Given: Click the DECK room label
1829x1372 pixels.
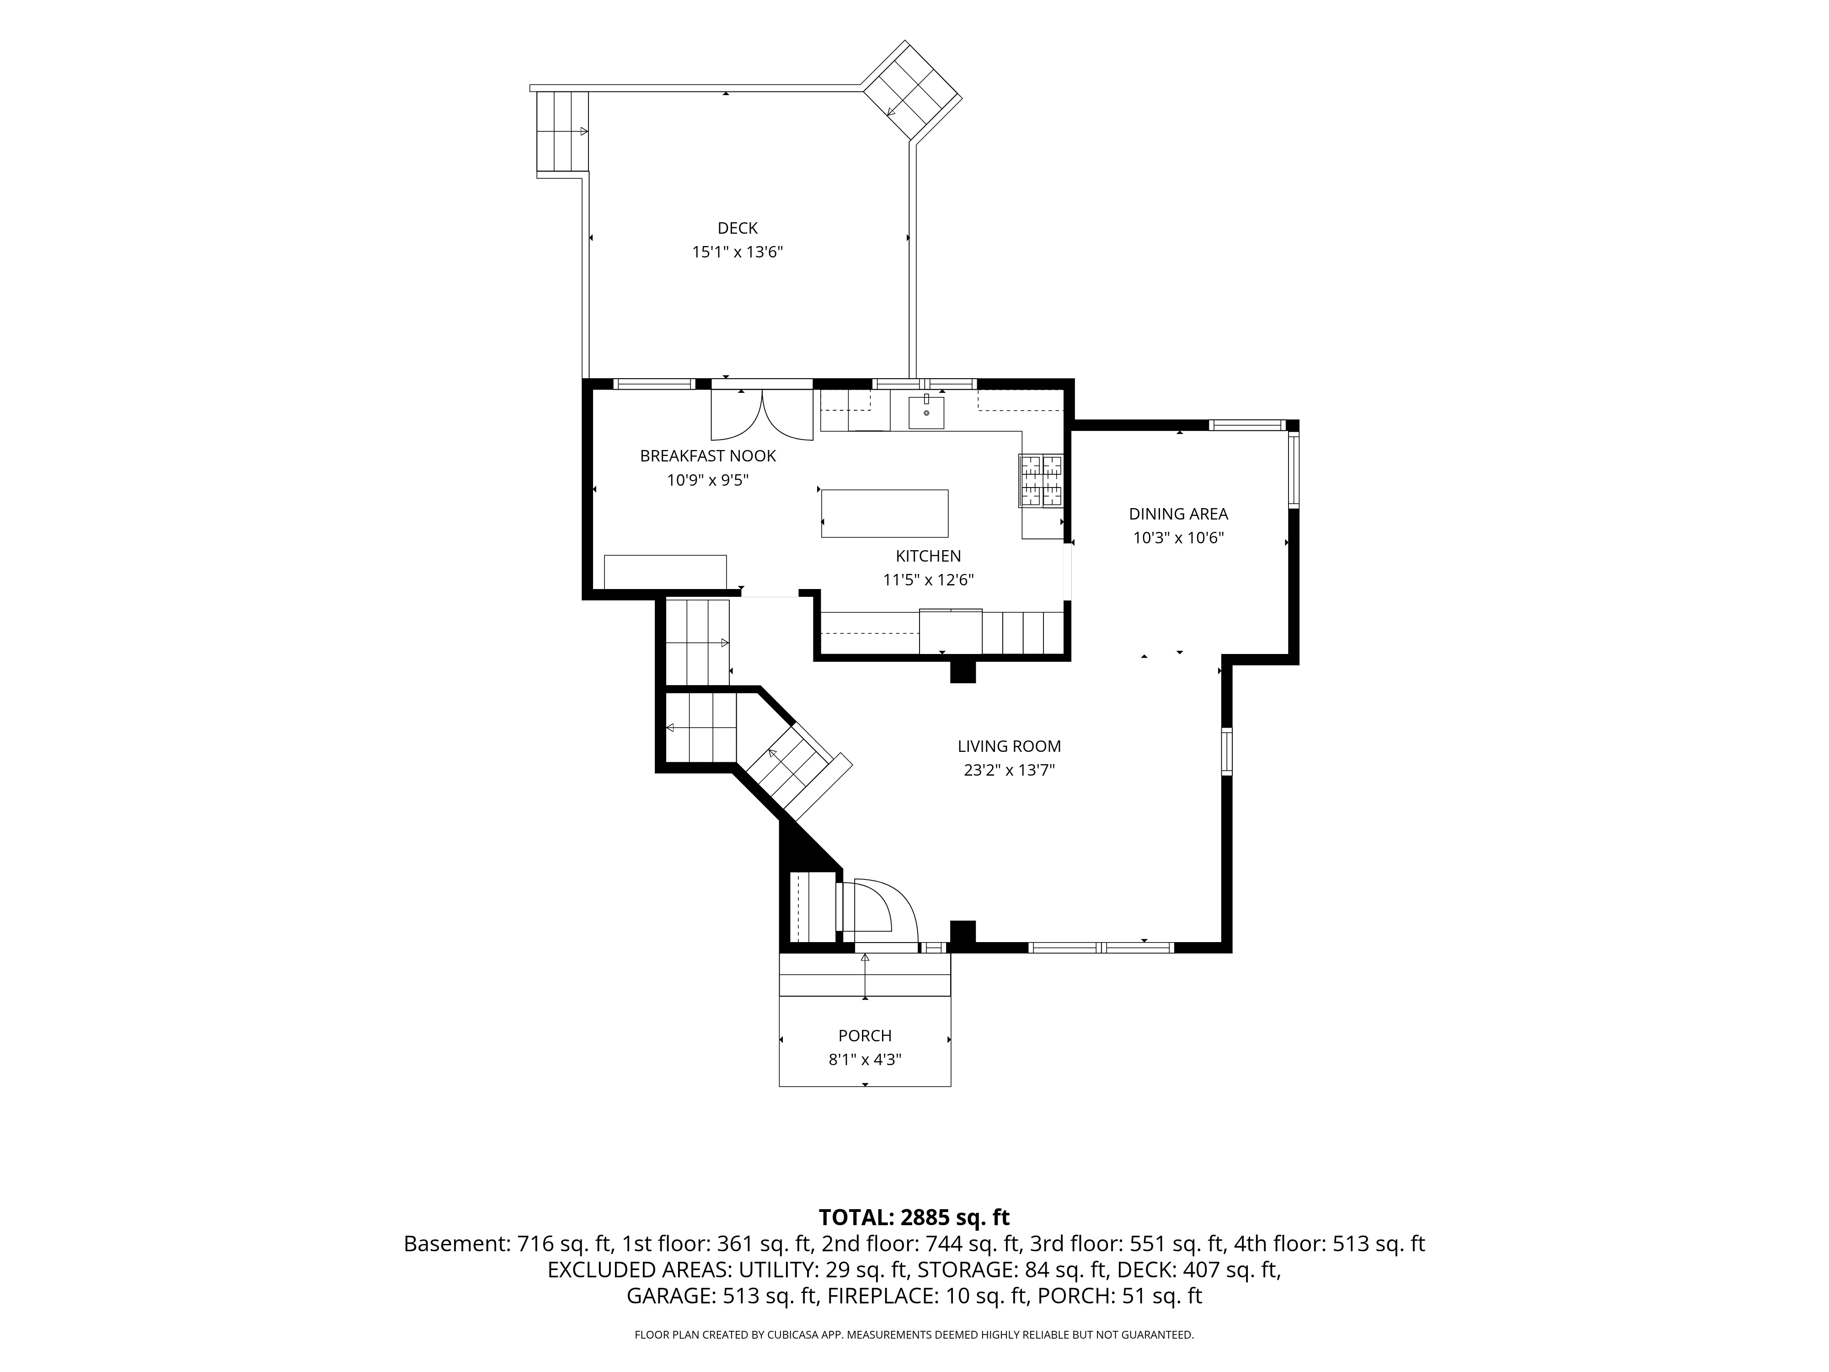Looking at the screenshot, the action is tap(737, 228).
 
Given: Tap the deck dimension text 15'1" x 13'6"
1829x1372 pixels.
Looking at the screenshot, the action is tap(737, 252).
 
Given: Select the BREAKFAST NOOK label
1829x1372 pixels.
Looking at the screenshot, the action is tap(708, 456).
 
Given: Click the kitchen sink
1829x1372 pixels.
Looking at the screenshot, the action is tap(926, 412).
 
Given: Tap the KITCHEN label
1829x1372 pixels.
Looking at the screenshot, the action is tap(929, 556).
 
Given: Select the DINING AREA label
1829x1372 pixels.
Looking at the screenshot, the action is tap(1178, 514).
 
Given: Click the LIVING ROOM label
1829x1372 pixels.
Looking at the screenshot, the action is tap(1009, 746).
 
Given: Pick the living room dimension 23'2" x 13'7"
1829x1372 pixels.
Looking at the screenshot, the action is tap(1009, 770).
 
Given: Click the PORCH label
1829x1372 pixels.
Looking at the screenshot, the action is tap(865, 1035).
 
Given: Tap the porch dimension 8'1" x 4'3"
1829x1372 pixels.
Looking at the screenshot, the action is tap(865, 1059).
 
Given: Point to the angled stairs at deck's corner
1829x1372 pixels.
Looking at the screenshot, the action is tap(912, 90).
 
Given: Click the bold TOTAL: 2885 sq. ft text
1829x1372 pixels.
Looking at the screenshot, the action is tap(914, 1217).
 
